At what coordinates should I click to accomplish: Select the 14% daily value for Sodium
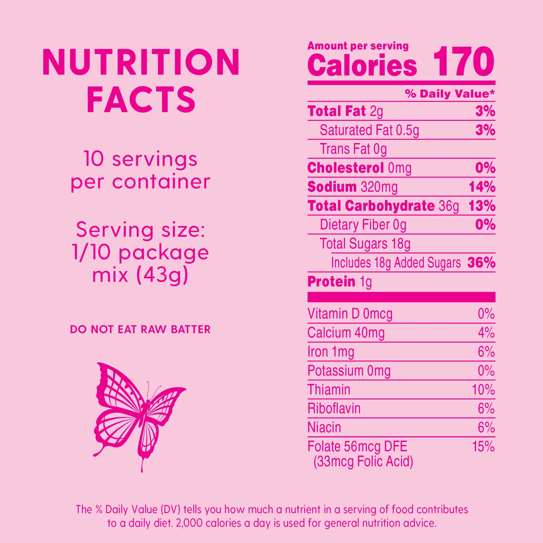pyautogui.click(x=482, y=187)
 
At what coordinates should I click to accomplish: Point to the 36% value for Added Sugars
pyautogui.click(x=481, y=263)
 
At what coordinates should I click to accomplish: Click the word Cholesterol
pyautogui.click(x=345, y=168)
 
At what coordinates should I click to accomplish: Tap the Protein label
pyautogui.click(x=331, y=282)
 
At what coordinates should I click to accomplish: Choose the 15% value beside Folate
pyautogui.click(x=483, y=447)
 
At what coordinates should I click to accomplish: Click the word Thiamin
pyautogui.click(x=329, y=390)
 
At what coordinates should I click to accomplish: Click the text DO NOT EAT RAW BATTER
pyautogui.click(x=140, y=329)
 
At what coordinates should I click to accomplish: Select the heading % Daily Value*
pyautogui.click(x=450, y=94)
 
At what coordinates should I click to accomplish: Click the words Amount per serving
pyautogui.click(x=358, y=46)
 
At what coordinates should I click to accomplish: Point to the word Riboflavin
pyautogui.click(x=334, y=408)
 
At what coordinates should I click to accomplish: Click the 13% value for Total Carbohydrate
pyautogui.click(x=482, y=206)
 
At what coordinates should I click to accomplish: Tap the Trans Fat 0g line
pyautogui.click(x=353, y=149)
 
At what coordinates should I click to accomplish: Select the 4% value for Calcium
pyautogui.click(x=486, y=333)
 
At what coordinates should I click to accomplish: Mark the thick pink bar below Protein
pyautogui.click(x=401, y=297)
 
